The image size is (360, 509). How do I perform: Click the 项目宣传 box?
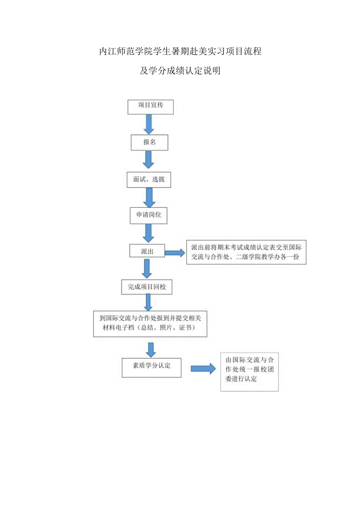tap(150, 106)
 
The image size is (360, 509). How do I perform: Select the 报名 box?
tap(149, 143)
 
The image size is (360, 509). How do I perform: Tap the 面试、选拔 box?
tap(149, 179)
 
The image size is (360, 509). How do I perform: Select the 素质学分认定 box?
tap(151, 367)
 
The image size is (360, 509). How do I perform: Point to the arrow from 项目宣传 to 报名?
tap(149, 124)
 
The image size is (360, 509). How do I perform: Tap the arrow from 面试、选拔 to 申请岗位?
tap(149, 197)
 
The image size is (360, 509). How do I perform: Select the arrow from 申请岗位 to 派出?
tap(148, 233)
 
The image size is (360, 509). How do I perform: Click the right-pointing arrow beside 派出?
tap(175, 253)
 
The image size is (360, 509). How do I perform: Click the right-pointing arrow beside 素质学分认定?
tap(203, 368)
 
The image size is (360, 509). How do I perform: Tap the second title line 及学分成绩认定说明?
tap(180, 71)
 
